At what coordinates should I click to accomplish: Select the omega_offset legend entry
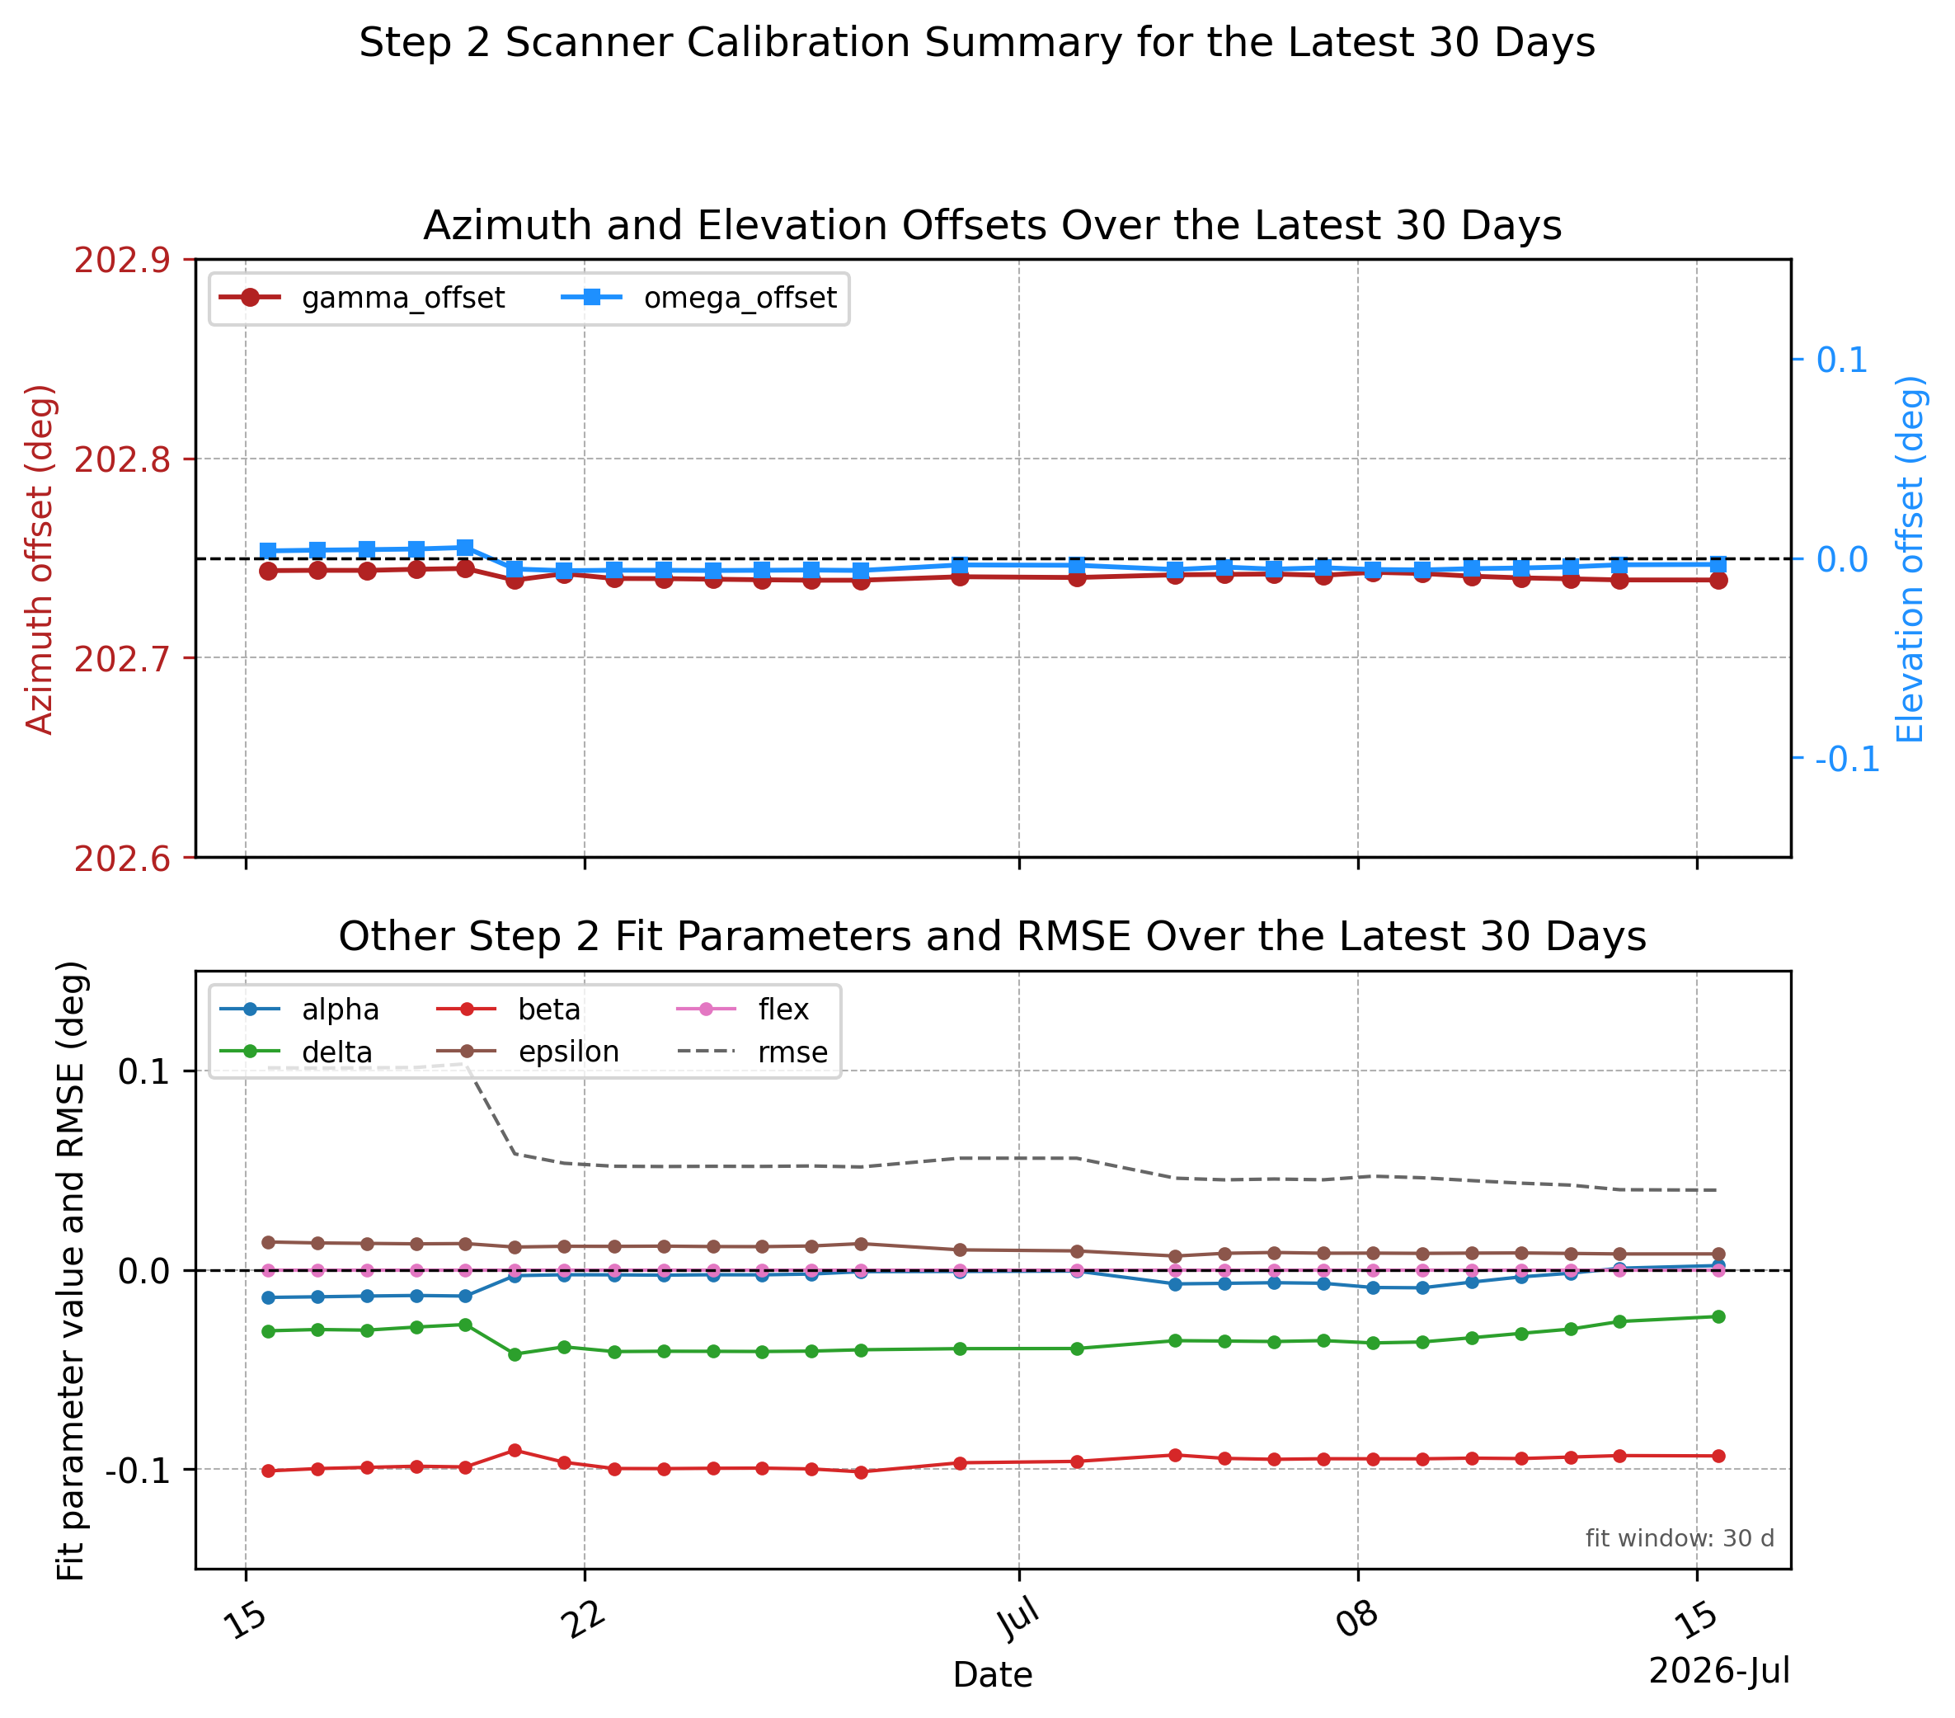tap(699, 299)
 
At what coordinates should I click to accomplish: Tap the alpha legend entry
tap(299, 1010)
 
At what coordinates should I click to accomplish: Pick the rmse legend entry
tap(753, 1052)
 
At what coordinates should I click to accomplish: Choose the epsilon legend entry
tap(528, 1052)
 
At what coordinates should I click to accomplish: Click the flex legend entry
tap(743, 1010)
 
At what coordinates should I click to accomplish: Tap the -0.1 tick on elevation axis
tap(1847, 760)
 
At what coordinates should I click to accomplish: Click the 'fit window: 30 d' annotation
tap(1680, 1538)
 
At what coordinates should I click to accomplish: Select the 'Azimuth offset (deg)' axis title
tap(40, 559)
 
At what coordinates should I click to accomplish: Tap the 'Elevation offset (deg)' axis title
tap(1910, 559)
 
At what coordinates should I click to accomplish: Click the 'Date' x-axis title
tap(993, 1675)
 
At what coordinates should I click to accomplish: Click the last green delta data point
tap(1718, 1316)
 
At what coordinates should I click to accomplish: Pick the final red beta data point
tap(1718, 1456)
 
